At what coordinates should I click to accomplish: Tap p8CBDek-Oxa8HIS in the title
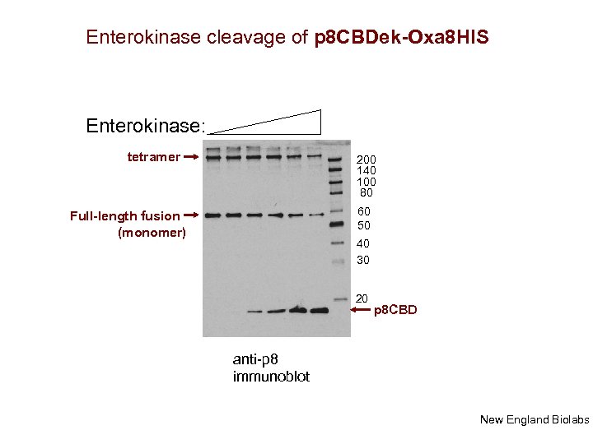coord(401,38)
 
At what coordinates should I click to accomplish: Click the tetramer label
coord(153,156)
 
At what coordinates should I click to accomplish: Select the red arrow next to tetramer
coord(190,155)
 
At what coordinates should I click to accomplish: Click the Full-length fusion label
coord(124,215)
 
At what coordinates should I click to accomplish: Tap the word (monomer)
coord(152,233)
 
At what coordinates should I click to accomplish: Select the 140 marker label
coord(367,171)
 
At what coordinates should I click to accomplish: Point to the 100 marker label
coord(367,182)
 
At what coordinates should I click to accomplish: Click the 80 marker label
coord(367,193)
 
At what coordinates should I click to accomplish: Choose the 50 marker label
coord(363,225)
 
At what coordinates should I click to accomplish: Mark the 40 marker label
coord(363,243)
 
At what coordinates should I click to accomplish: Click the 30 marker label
coord(363,260)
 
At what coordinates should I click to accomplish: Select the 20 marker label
coord(362,298)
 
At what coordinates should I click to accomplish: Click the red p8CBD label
coord(395,310)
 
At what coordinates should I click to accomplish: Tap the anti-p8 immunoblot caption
coord(271,368)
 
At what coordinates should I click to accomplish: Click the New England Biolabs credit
coord(534,420)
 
